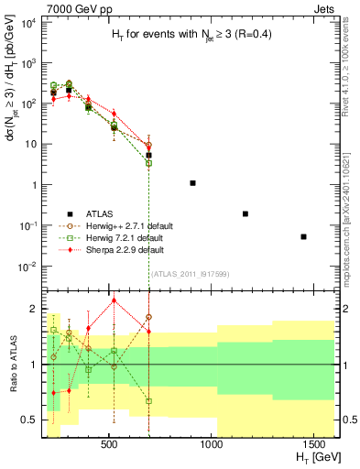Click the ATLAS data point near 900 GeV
[x=192, y=183]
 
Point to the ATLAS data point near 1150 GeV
[x=245, y=213]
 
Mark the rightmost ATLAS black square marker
[x=303, y=236]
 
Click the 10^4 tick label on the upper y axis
[x=27, y=23]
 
